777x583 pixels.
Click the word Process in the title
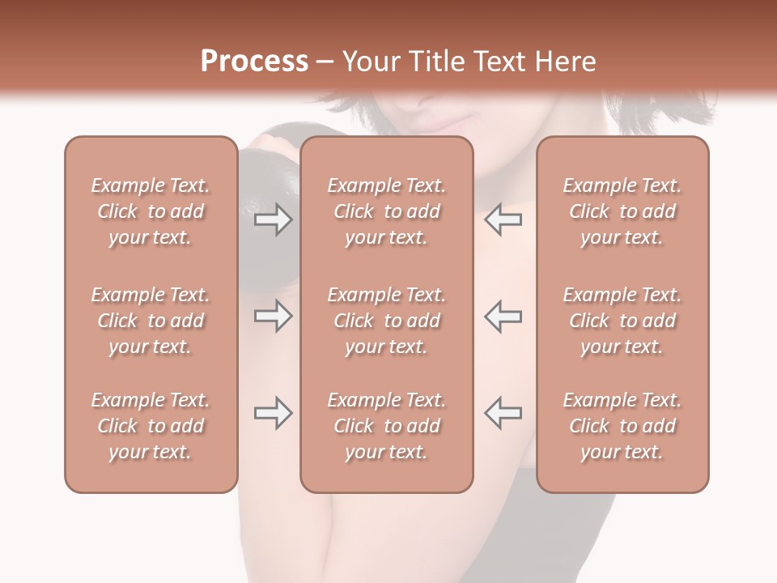(x=254, y=62)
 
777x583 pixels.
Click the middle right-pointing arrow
(x=273, y=316)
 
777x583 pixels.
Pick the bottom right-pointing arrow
(x=273, y=414)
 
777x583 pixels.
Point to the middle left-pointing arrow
(x=503, y=316)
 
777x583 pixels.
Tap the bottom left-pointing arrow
(x=503, y=413)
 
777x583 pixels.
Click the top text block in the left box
(x=151, y=211)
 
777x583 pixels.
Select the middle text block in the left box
(x=151, y=321)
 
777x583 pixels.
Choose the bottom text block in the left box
(x=151, y=426)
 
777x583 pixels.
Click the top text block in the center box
(x=387, y=211)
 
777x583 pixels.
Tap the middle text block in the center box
(x=387, y=321)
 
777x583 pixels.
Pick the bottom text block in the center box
(x=387, y=426)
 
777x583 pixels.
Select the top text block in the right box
(x=622, y=211)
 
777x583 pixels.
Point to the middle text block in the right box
(x=622, y=321)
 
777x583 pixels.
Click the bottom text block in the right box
(x=622, y=426)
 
